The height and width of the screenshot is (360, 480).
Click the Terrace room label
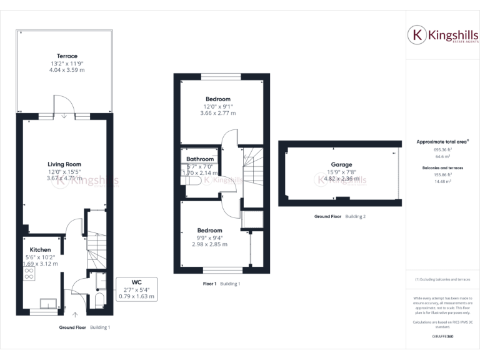(x=67, y=56)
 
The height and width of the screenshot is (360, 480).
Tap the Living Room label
(x=64, y=164)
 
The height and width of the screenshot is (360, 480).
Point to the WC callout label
(x=137, y=282)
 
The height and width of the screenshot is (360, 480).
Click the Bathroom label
(x=200, y=159)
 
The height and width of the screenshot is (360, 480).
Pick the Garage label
(x=341, y=164)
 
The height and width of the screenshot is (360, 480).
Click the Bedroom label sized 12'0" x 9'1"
(x=218, y=99)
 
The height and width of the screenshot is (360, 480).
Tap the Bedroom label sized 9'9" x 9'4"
(x=209, y=230)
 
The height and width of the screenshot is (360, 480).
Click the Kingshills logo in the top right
(x=443, y=36)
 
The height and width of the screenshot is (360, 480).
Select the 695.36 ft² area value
(x=442, y=150)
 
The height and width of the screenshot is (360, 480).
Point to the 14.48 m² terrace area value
(x=442, y=182)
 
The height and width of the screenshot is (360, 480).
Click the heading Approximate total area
(x=442, y=142)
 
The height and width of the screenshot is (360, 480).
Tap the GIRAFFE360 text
(x=442, y=336)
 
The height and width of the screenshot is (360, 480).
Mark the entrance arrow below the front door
(x=75, y=315)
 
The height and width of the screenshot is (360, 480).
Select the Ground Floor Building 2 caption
(x=340, y=216)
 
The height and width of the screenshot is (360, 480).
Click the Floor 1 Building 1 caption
(x=221, y=284)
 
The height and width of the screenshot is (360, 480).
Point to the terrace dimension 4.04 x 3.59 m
(x=67, y=71)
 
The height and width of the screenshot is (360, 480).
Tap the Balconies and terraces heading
(x=442, y=168)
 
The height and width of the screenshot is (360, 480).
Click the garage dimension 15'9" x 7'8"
(x=341, y=172)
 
